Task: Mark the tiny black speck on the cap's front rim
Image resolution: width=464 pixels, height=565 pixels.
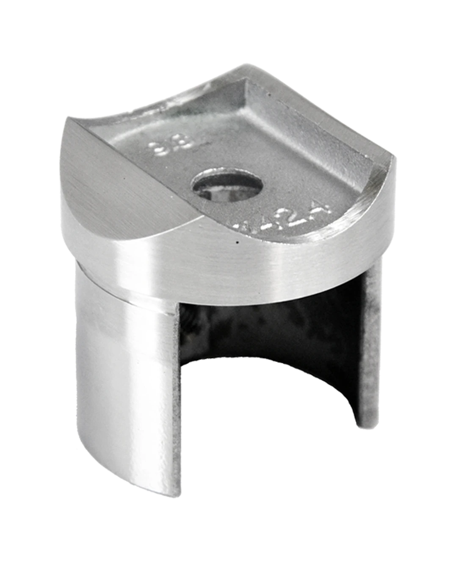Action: point(238,243)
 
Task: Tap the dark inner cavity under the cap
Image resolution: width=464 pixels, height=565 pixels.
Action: point(271,334)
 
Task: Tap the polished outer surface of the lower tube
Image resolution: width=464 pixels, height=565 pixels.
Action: point(123,381)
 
